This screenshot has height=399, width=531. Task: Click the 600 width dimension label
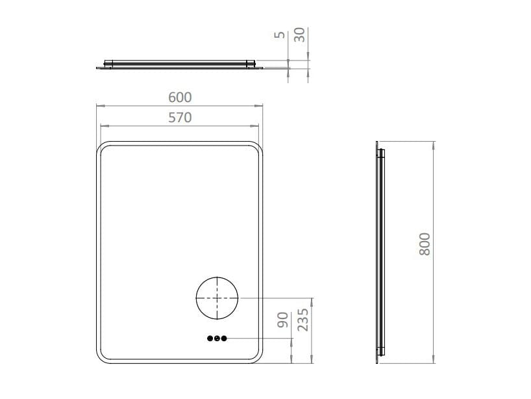pos(180,97)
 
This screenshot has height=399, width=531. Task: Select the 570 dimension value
pos(180,118)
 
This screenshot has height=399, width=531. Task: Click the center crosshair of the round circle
pos(217,297)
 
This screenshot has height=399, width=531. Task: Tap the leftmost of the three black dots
pos(210,339)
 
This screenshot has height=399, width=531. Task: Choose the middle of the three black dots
pos(217,339)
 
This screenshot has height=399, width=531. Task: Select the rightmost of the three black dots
pos(224,339)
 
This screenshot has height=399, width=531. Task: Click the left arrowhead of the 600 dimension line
pos(99,105)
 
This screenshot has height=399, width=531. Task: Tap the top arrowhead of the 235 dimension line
pos(313,300)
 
